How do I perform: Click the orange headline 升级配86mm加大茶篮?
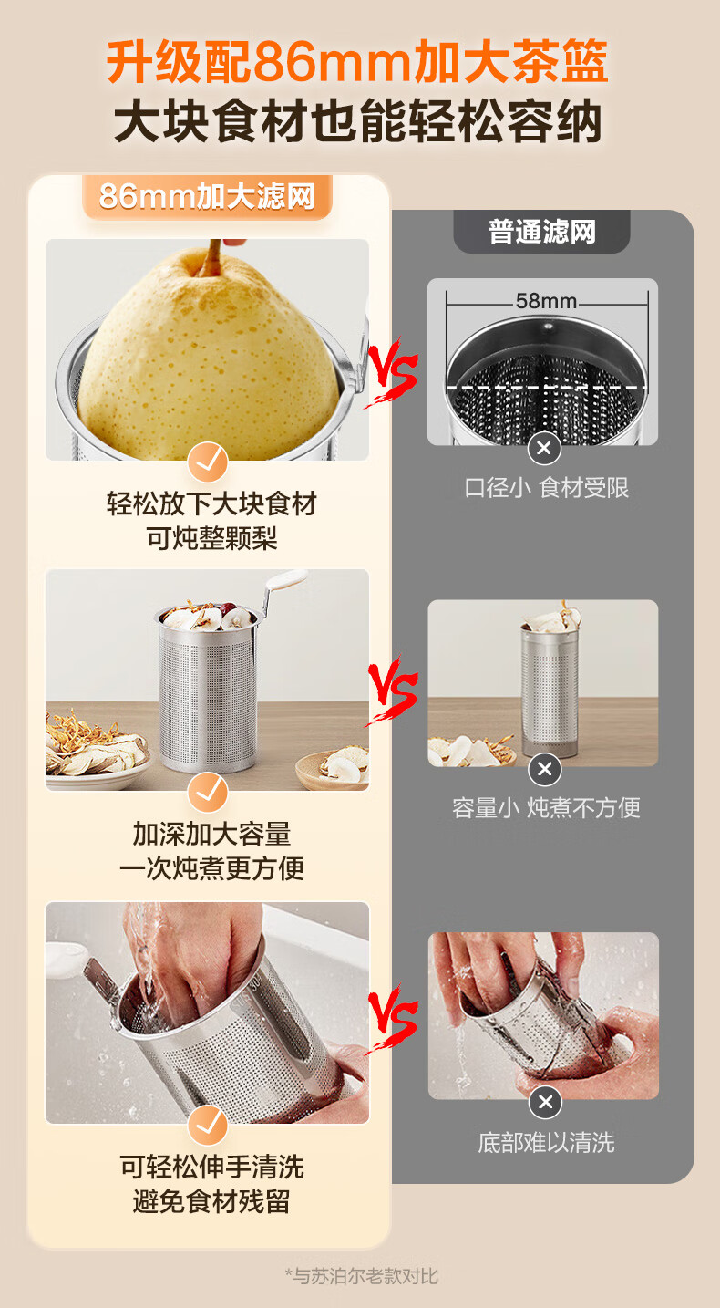point(357,62)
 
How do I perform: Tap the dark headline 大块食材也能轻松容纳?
point(357,121)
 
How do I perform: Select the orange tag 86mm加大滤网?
point(207,196)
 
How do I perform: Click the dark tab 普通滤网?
point(542,232)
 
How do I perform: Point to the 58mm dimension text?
point(546,301)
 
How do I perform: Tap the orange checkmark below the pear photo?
point(208,462)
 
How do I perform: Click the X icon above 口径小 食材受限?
point(544,449)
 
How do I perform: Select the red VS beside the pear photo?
point(392,372)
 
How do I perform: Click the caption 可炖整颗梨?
point(211,538)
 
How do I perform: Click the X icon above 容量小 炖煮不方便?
point(545,769)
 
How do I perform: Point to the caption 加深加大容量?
point(211,834)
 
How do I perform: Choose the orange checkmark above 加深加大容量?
point(208,793)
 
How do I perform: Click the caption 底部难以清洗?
point(546,1143)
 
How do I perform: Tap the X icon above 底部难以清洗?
point(546,1102)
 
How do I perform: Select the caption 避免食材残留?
point(211,1201)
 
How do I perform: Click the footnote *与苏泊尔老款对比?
point(362,1276)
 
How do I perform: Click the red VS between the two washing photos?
point(392,1019)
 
